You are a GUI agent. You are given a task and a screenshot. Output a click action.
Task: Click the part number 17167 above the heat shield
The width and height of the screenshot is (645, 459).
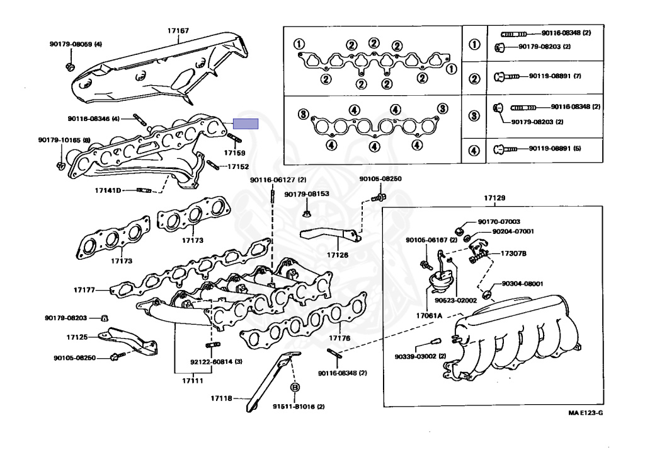tap(178, 30)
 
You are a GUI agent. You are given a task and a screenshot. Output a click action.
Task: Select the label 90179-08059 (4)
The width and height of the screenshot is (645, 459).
tap(76, 44)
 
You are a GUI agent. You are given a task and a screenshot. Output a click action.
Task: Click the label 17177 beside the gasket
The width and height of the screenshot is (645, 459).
tap(84, 290)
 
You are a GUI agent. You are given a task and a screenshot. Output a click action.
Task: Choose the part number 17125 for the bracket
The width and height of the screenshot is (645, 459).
tap(74, 338)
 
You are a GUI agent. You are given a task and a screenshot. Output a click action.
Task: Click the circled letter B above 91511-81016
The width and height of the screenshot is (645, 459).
tap(294, 386)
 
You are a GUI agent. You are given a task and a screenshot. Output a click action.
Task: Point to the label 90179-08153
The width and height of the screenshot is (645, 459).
tap(307, 194)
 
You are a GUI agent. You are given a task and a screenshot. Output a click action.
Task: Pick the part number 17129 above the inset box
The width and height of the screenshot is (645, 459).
tap(494, 198)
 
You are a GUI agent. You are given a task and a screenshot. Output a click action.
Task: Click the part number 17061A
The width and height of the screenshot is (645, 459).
tap(430, 315)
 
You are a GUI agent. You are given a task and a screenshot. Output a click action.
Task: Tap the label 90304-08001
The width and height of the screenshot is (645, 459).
tap(522, 284)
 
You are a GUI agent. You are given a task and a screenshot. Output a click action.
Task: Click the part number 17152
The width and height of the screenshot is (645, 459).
tap(238, 167)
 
